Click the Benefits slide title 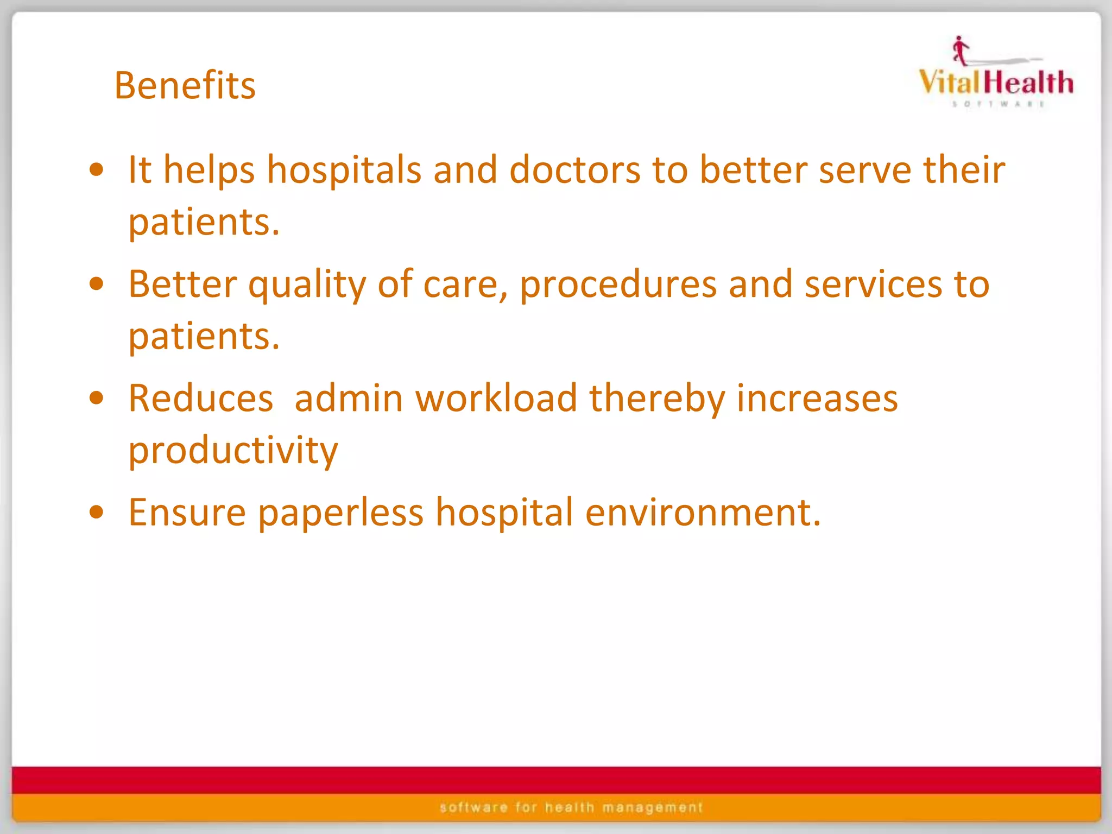coord(185,86)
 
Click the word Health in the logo coord(1028,83)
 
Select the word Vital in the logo coord(950,83)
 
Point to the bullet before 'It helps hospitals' coord(97,169)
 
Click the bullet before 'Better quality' coord(97,284)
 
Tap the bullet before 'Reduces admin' coord(97,398)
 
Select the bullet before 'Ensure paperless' coord(97,512)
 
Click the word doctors coord(574,169)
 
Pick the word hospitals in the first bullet coord(344,169)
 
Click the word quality coord(307,285)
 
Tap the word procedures coord(618,285)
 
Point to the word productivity coord(233,451)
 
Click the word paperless coord(340,513)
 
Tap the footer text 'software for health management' coord(571,807)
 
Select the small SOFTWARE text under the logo coord(998,104)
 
